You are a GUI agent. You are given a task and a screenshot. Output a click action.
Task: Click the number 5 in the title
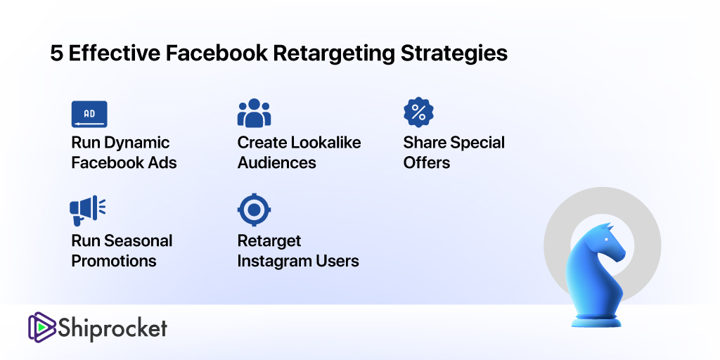click(56, 53)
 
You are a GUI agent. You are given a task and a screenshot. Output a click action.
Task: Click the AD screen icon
click(89, 114)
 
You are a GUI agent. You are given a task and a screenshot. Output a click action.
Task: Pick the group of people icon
click(254, 113)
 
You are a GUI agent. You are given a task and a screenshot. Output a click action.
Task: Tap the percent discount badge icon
click(418, 112)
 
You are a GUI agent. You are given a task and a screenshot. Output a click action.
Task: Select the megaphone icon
click(88, 210)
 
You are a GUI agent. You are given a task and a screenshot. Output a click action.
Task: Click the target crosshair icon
click(254, 210)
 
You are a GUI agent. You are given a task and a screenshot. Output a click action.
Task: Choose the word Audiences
click(276, 162)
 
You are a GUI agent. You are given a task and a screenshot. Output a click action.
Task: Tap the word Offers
click(427, 162)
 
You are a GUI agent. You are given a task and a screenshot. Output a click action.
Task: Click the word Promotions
click(114, 261)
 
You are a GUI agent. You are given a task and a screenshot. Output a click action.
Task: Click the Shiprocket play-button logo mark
click(41, 326)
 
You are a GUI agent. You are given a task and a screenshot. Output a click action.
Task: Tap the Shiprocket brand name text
click(112, 329)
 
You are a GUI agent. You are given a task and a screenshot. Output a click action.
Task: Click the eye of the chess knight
click(606, 240)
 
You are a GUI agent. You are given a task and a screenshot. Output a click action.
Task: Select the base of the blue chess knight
click(596, 321)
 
